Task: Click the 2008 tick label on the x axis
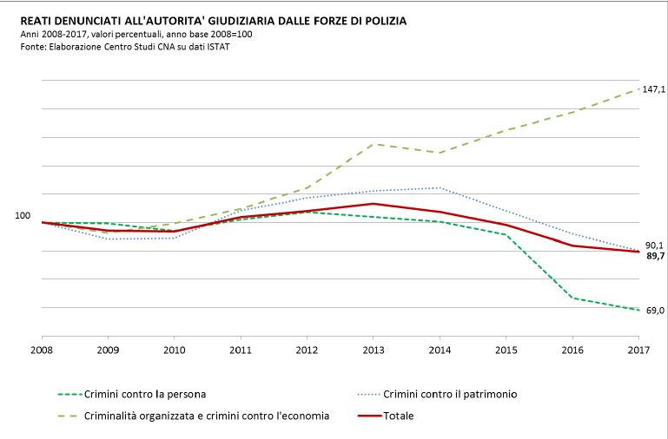click(42, 350)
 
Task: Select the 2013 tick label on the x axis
click(373, 350)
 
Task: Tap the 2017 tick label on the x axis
click(638, 350)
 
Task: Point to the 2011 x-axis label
click(241, 350)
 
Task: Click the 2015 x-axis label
click(506, 350)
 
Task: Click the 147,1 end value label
click(654, 89)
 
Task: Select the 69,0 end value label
click(655, 311)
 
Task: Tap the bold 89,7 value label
click(655, 256)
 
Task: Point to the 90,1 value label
click(655, 245)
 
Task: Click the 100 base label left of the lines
click(23, 215)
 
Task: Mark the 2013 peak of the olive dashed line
click(373, 144)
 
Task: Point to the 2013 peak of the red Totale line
click(373, 204)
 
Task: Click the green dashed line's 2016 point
click(572, 298)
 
